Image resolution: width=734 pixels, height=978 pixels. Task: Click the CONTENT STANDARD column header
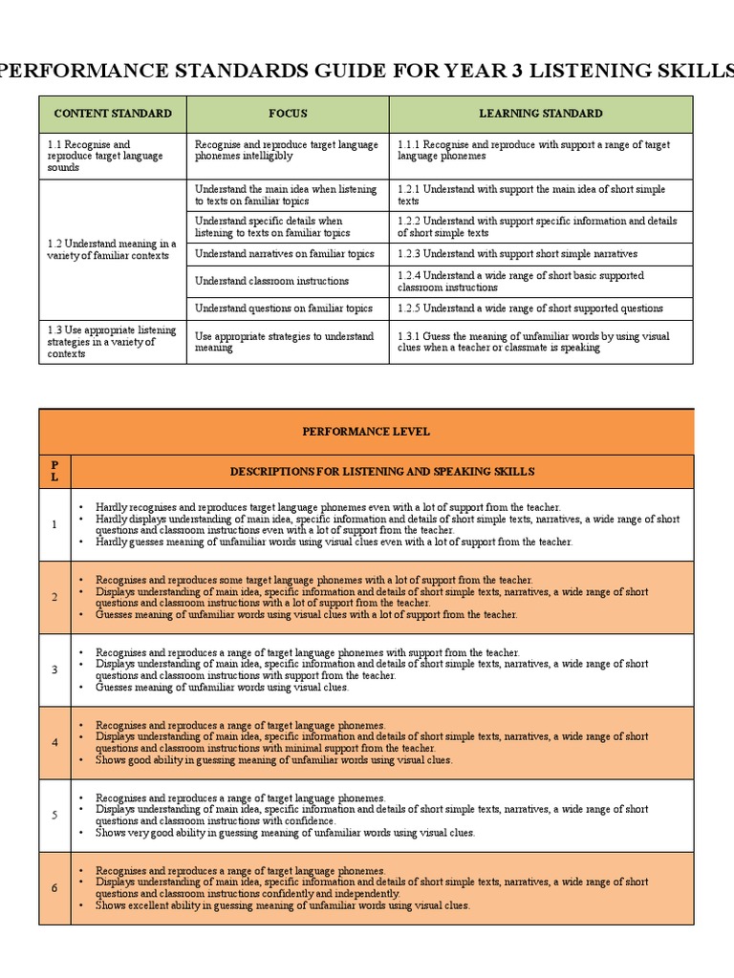pos(113,114)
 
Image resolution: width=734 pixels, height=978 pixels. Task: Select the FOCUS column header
pos(288,114)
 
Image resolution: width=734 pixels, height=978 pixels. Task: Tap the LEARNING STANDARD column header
pos(540,114)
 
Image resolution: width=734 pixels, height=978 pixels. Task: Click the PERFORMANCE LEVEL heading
pos(366,432)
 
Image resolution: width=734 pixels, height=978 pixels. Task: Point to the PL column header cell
pos(54,471)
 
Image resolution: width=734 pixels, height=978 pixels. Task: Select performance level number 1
pos(54,524)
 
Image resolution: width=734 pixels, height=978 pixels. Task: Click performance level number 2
pos(54,597)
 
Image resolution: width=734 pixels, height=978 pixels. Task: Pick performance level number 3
pos(54,670)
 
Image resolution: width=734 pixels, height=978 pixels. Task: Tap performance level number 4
pos(54,742)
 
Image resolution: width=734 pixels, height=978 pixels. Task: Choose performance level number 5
pos(54,815)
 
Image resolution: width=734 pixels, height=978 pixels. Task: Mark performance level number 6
pos(54,887)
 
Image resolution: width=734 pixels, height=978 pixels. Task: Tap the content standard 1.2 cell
pos(112,249)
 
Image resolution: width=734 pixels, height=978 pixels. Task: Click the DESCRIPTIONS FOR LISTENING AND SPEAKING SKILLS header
pos(382,471)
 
